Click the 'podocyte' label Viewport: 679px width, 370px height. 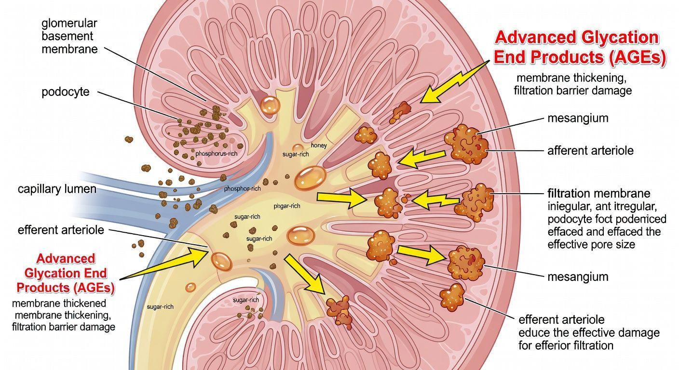click(x=66, y=92)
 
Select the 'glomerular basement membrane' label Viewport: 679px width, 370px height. click(x=69, y=36)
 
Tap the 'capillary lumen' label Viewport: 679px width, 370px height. click(x=56, y=189)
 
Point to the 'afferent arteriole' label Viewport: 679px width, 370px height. click(x=590, y=150)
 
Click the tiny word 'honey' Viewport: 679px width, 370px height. click(x=319, y=145)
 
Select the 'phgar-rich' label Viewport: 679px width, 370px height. click(x=286, y=206)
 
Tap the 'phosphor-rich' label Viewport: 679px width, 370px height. click(x=242, y=189)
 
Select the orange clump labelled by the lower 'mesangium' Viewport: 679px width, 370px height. click(x=466, y=263)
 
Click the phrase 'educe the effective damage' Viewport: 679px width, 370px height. click(x=589, y=332)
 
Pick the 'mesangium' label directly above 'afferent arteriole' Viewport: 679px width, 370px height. click(x=577, y=118)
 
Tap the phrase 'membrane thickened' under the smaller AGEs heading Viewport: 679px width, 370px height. click(x=59, y=304)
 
